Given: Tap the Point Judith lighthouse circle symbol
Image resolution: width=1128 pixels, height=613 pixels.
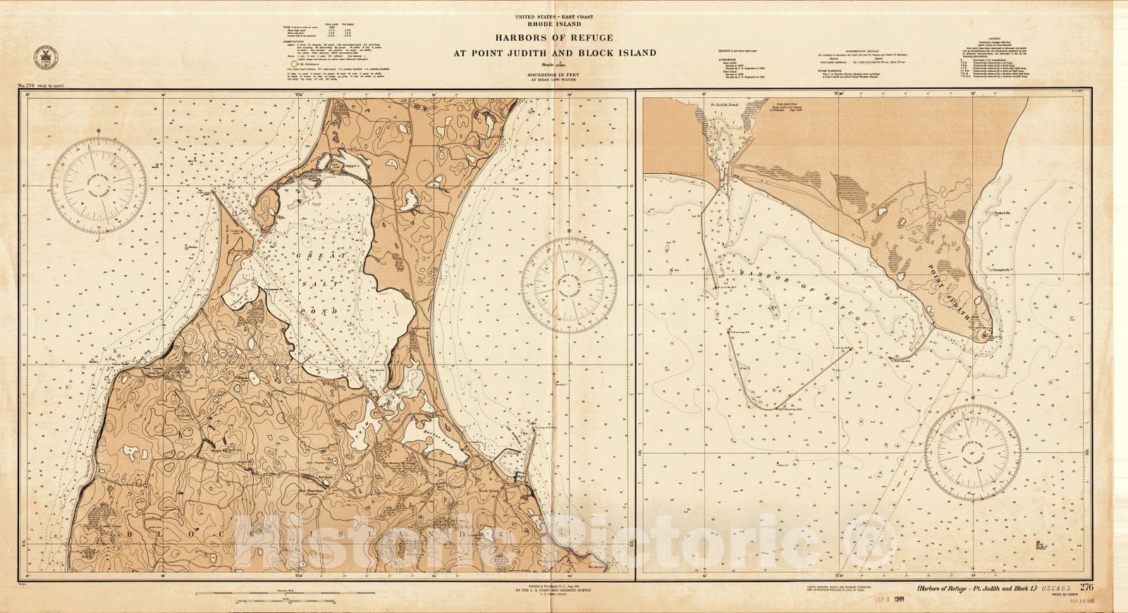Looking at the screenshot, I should (985, 336).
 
